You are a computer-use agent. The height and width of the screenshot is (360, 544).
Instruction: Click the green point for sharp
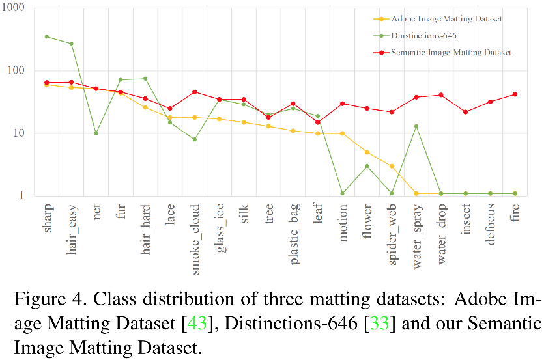(x=46, y=36)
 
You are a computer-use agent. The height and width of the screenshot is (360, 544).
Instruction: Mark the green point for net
(x=96, y=133)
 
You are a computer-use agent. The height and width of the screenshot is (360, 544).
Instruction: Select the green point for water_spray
(x=416, y=126)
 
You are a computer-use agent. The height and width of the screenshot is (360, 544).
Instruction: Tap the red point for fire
(x=515, y=94)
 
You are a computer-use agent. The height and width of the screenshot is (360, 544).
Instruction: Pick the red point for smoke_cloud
(x=194, y=92)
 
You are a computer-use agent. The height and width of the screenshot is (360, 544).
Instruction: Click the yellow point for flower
(x=367, y=152)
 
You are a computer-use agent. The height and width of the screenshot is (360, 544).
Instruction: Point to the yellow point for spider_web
(x=392, y=166)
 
